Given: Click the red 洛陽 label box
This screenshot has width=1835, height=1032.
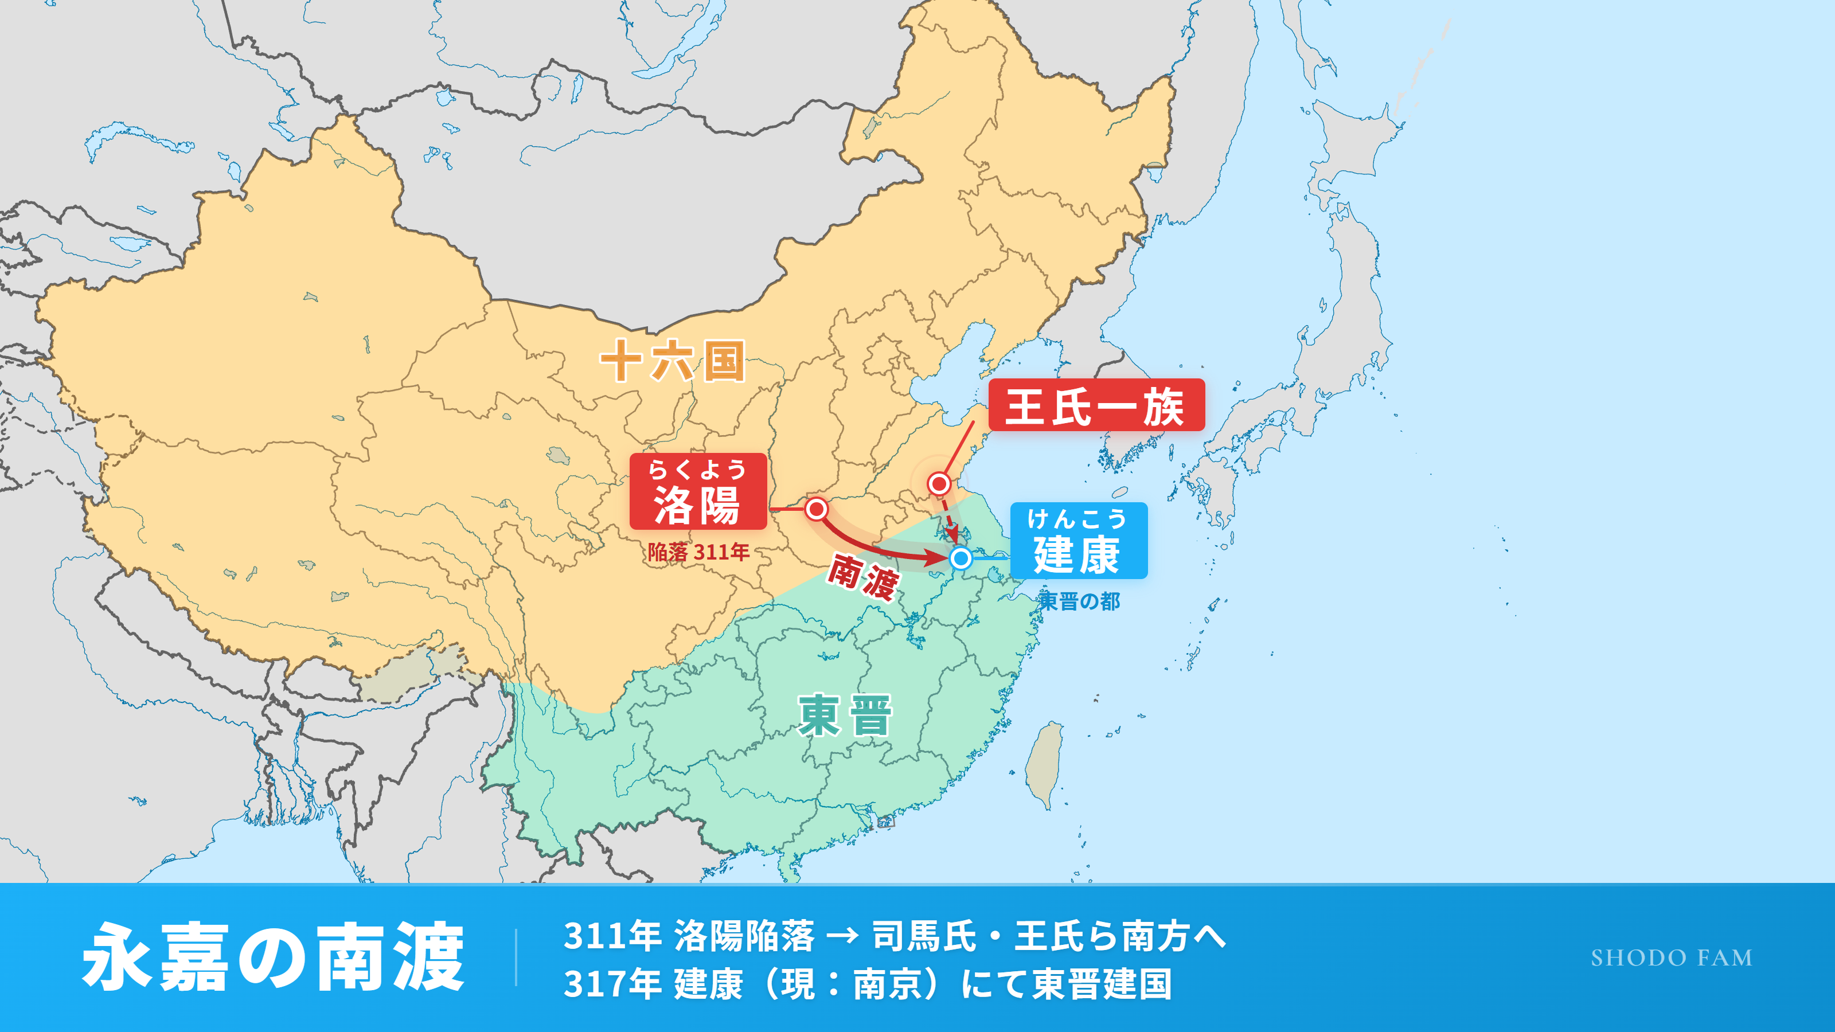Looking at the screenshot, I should click(697, 491).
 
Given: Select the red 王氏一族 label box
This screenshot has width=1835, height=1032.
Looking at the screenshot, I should click(1096, 405).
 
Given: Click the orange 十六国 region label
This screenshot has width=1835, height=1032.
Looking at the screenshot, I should click(671, 361).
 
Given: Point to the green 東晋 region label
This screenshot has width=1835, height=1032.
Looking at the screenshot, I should click(845, 715).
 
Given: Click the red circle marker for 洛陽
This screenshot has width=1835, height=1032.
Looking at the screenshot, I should click(817, 509).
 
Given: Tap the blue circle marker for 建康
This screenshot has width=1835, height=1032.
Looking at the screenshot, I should click(961, 558).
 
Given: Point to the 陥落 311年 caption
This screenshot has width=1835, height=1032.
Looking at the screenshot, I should click(698, 552).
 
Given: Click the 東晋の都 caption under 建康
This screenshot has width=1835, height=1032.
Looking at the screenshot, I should click(1079, 601).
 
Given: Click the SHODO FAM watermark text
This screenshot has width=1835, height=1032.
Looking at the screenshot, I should click(1671, 958).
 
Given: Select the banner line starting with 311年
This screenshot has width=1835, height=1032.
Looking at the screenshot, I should click(894, 936).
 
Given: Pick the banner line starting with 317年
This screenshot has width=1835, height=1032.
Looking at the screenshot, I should click(867, 984).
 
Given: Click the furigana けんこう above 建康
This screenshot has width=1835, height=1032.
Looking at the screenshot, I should click(1076, 518).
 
